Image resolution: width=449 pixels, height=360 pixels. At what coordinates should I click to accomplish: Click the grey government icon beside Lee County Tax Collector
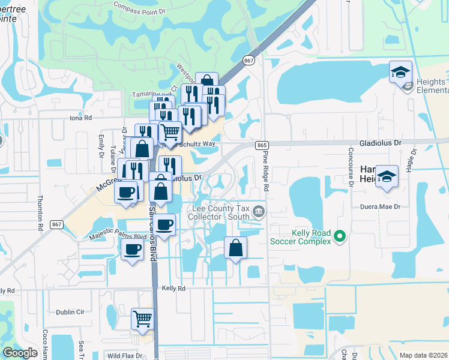coord(259,211)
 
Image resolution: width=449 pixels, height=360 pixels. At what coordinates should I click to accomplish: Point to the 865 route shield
coord(261,145)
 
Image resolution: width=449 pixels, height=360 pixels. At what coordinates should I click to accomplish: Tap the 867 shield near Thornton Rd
coord(57,224)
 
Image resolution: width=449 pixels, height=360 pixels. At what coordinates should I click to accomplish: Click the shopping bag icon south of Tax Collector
coord(236,247)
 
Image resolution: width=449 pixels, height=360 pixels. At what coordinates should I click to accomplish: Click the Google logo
coord(20,353)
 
